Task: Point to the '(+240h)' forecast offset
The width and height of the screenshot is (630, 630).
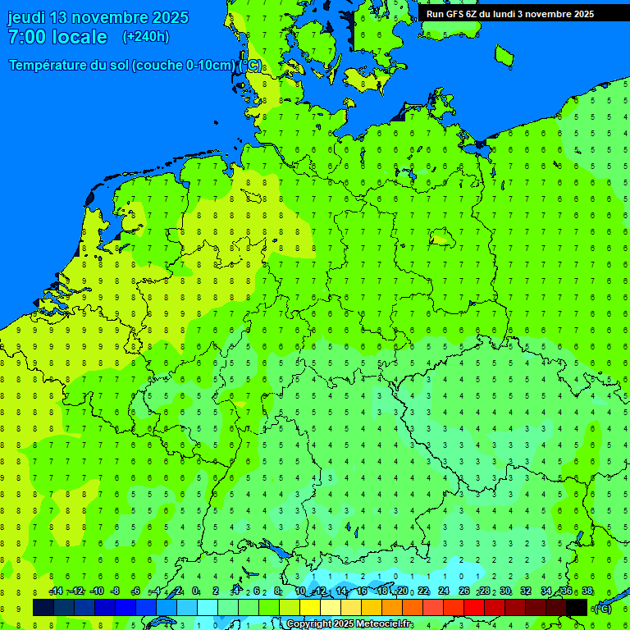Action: [146, 37]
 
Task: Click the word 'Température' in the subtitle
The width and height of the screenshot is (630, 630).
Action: [50, 66]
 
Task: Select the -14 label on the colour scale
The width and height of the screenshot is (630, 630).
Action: [55, 591]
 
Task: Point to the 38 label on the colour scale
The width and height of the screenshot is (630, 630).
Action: [587, 591]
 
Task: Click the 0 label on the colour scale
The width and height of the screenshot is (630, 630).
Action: [195, 591]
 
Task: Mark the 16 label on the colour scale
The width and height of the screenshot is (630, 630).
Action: [361, 591]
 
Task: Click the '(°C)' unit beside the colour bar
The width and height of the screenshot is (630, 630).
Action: [602, 609]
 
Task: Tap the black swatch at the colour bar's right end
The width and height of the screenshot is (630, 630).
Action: [577, 608]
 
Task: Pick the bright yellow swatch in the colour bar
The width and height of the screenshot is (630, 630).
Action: [310, 608]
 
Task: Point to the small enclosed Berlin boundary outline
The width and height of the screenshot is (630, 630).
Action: [442, 239]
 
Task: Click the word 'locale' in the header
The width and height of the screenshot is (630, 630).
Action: [80, 37]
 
